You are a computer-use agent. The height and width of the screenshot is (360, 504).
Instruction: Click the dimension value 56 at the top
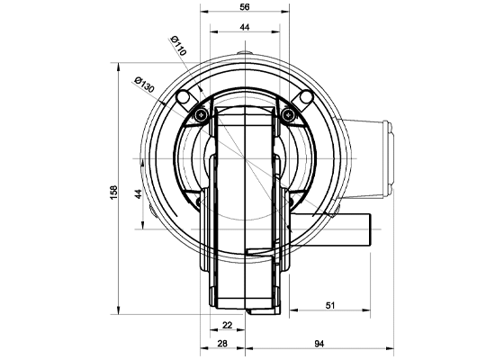[245, 7]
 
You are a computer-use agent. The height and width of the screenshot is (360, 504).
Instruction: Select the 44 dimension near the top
[245, 27]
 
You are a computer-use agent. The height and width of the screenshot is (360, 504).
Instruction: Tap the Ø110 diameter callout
[178, 46]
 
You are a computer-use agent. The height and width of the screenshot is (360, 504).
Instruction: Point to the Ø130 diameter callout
[144, 85]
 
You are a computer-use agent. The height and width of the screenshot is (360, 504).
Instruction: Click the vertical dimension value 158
[114, 193]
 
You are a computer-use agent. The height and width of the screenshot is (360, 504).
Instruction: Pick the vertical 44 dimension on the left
[139, 194]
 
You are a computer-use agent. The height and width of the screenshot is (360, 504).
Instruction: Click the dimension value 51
[330, 305]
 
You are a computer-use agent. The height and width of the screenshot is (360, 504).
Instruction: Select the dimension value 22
[227, 325]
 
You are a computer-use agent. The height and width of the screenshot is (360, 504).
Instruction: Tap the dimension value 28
[222, 344]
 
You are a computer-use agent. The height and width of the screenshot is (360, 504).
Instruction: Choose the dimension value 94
[319, 344]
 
